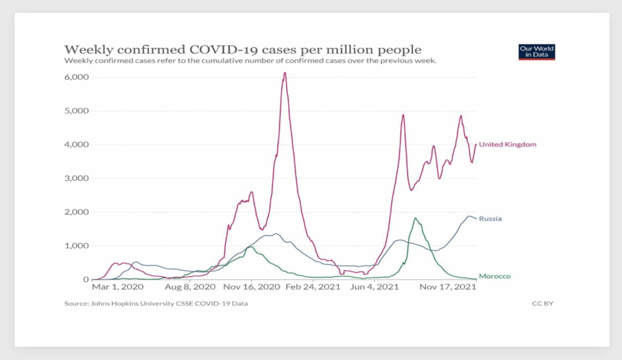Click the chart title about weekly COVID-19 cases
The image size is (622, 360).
[x=243, y=49]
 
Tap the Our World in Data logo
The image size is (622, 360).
[x=536, y=52]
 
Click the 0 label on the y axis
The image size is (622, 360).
[x=86, y=279]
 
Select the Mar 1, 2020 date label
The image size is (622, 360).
[x=117, y=287]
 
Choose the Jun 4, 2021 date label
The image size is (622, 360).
[x=375, y=287]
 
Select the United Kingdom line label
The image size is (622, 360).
[x=507, y=144]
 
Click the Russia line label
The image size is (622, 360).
[x=490, y=219]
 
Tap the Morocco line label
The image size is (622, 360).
[x=494, y=276]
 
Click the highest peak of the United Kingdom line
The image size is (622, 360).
[x=284, y=73]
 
